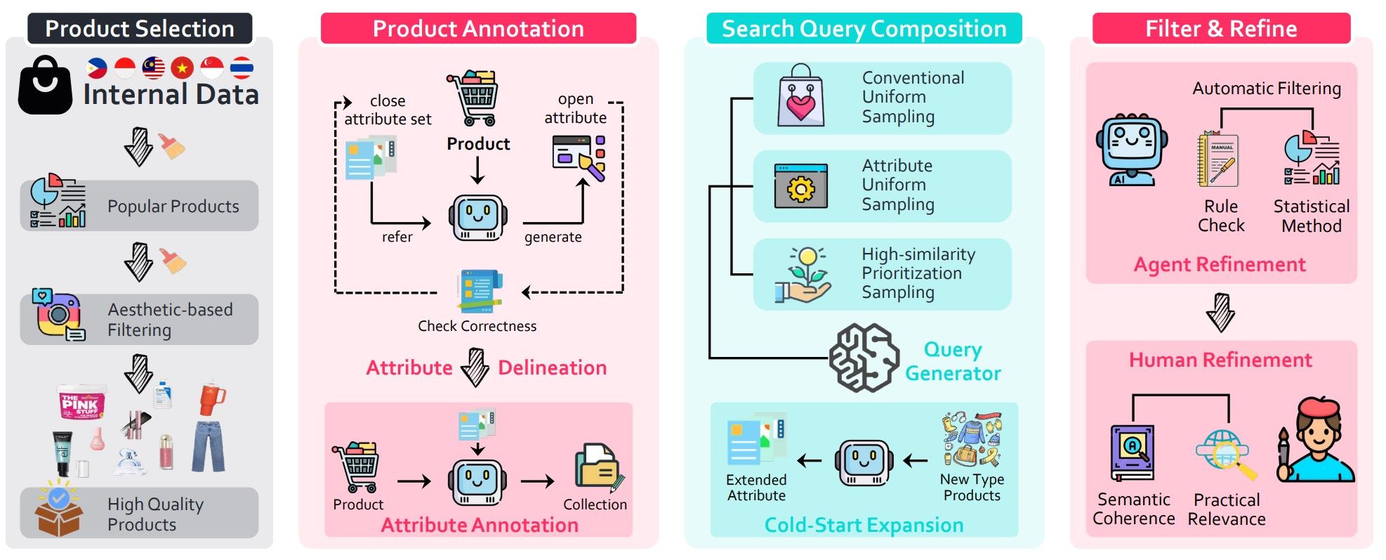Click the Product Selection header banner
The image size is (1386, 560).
tap(139, 28)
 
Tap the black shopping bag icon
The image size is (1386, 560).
tap(45, 86)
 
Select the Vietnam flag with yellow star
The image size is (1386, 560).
tap(182, 67)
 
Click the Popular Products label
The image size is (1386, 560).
tap(173, 207)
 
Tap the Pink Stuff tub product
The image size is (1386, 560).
tap(83, 402)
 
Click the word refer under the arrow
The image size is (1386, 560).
tap(397, 237)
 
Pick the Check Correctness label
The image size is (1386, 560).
tap(477, 326)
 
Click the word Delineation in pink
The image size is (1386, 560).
tap(552, 367)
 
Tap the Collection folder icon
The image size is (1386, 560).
tap(598, 467)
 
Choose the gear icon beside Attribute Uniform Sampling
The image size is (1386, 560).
tap(800, 187)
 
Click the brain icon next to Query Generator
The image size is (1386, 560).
tap(863, 358)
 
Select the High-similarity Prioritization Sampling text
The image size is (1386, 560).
tap(918, 273)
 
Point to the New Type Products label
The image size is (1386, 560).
tap(972, 487)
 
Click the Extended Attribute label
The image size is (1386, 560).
tap(756, 487)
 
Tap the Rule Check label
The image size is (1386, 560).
tap(1221, 216)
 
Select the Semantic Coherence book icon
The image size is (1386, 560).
tap(1132, 452)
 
